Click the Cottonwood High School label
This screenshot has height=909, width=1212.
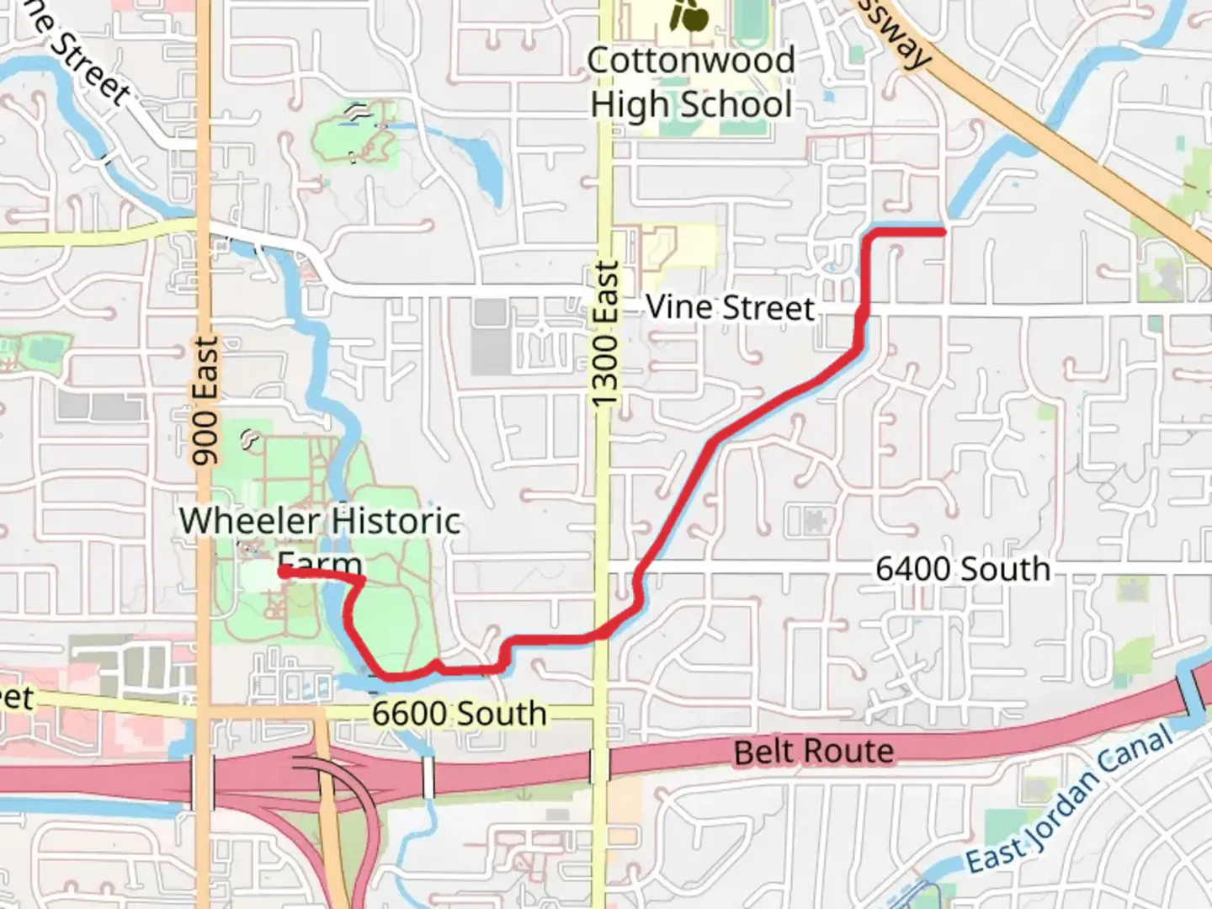[691, 82]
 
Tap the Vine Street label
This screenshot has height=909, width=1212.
[730, 308]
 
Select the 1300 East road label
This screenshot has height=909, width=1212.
[605, 334]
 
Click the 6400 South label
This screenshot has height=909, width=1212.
[963, 569]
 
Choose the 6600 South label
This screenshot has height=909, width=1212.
[460, 714]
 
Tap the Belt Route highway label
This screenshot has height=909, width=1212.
[813, 752]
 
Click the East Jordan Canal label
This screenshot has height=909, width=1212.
[1070, 799]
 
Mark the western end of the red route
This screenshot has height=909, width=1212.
[280, 572]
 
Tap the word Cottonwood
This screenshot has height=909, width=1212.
[691, 61]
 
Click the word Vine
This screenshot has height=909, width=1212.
[678, 307]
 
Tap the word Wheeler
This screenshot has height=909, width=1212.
[248, 521]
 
